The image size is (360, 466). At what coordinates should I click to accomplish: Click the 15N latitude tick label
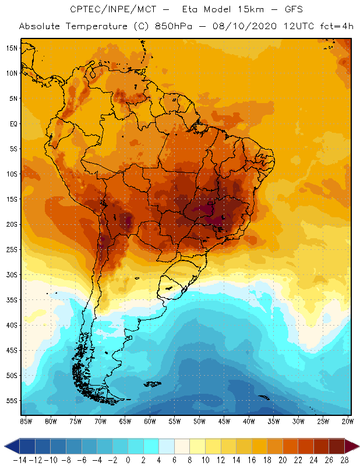click(x=12, y=48)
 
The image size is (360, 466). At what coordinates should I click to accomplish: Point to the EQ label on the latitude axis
click(x=13, y=123)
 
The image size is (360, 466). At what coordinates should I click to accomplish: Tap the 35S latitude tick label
click(x=12, y=300)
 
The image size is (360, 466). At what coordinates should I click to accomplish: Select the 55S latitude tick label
click(x=12, y=401)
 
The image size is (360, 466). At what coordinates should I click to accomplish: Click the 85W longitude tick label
click(x=26, y=421)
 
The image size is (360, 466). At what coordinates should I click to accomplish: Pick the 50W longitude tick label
click(x=199, y=421)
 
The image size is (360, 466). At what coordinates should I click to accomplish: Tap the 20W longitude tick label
click(x=348, y=421)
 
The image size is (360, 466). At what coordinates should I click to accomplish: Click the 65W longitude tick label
click(x=125, y=421)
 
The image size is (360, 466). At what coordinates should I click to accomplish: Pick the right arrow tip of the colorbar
click(x=357, y=446)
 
